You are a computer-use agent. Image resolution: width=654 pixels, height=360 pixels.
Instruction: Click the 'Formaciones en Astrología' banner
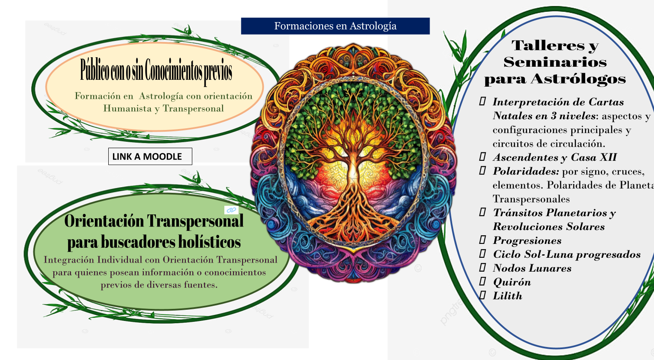click(x=335, y=26)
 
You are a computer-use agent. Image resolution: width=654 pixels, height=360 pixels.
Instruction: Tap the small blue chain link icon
click(x=231, y=210)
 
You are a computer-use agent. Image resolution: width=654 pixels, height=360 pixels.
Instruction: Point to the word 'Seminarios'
click(x=555, y=62)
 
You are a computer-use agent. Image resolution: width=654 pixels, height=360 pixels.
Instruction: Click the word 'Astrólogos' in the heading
click(x=578, y=79)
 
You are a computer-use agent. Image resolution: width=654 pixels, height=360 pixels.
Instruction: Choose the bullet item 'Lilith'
click(x=508, y=296)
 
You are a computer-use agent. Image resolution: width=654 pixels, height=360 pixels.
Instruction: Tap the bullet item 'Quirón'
click(x=512, y=282)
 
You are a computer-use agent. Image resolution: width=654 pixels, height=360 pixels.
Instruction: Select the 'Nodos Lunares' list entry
click(x=532, y=268)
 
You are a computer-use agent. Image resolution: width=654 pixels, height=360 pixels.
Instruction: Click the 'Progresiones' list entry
click(x=527, y=240)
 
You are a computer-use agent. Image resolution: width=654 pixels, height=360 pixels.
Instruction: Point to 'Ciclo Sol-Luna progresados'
click(x=567, y=254)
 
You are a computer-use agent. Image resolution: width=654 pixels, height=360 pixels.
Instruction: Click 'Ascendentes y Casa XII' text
click(x=554, y=157)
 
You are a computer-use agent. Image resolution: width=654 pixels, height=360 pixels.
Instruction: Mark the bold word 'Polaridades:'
click(x=526, y=171)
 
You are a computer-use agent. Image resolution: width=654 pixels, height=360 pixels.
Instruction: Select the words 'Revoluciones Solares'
click(x=548, y=227)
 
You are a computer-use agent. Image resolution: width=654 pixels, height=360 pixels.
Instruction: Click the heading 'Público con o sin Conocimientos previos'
click(x=156, y=71)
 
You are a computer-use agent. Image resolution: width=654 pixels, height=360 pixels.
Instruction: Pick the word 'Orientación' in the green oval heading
click(x=104, y=221)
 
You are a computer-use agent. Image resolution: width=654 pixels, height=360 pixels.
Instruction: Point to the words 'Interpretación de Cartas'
click(x=558, y=102)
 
